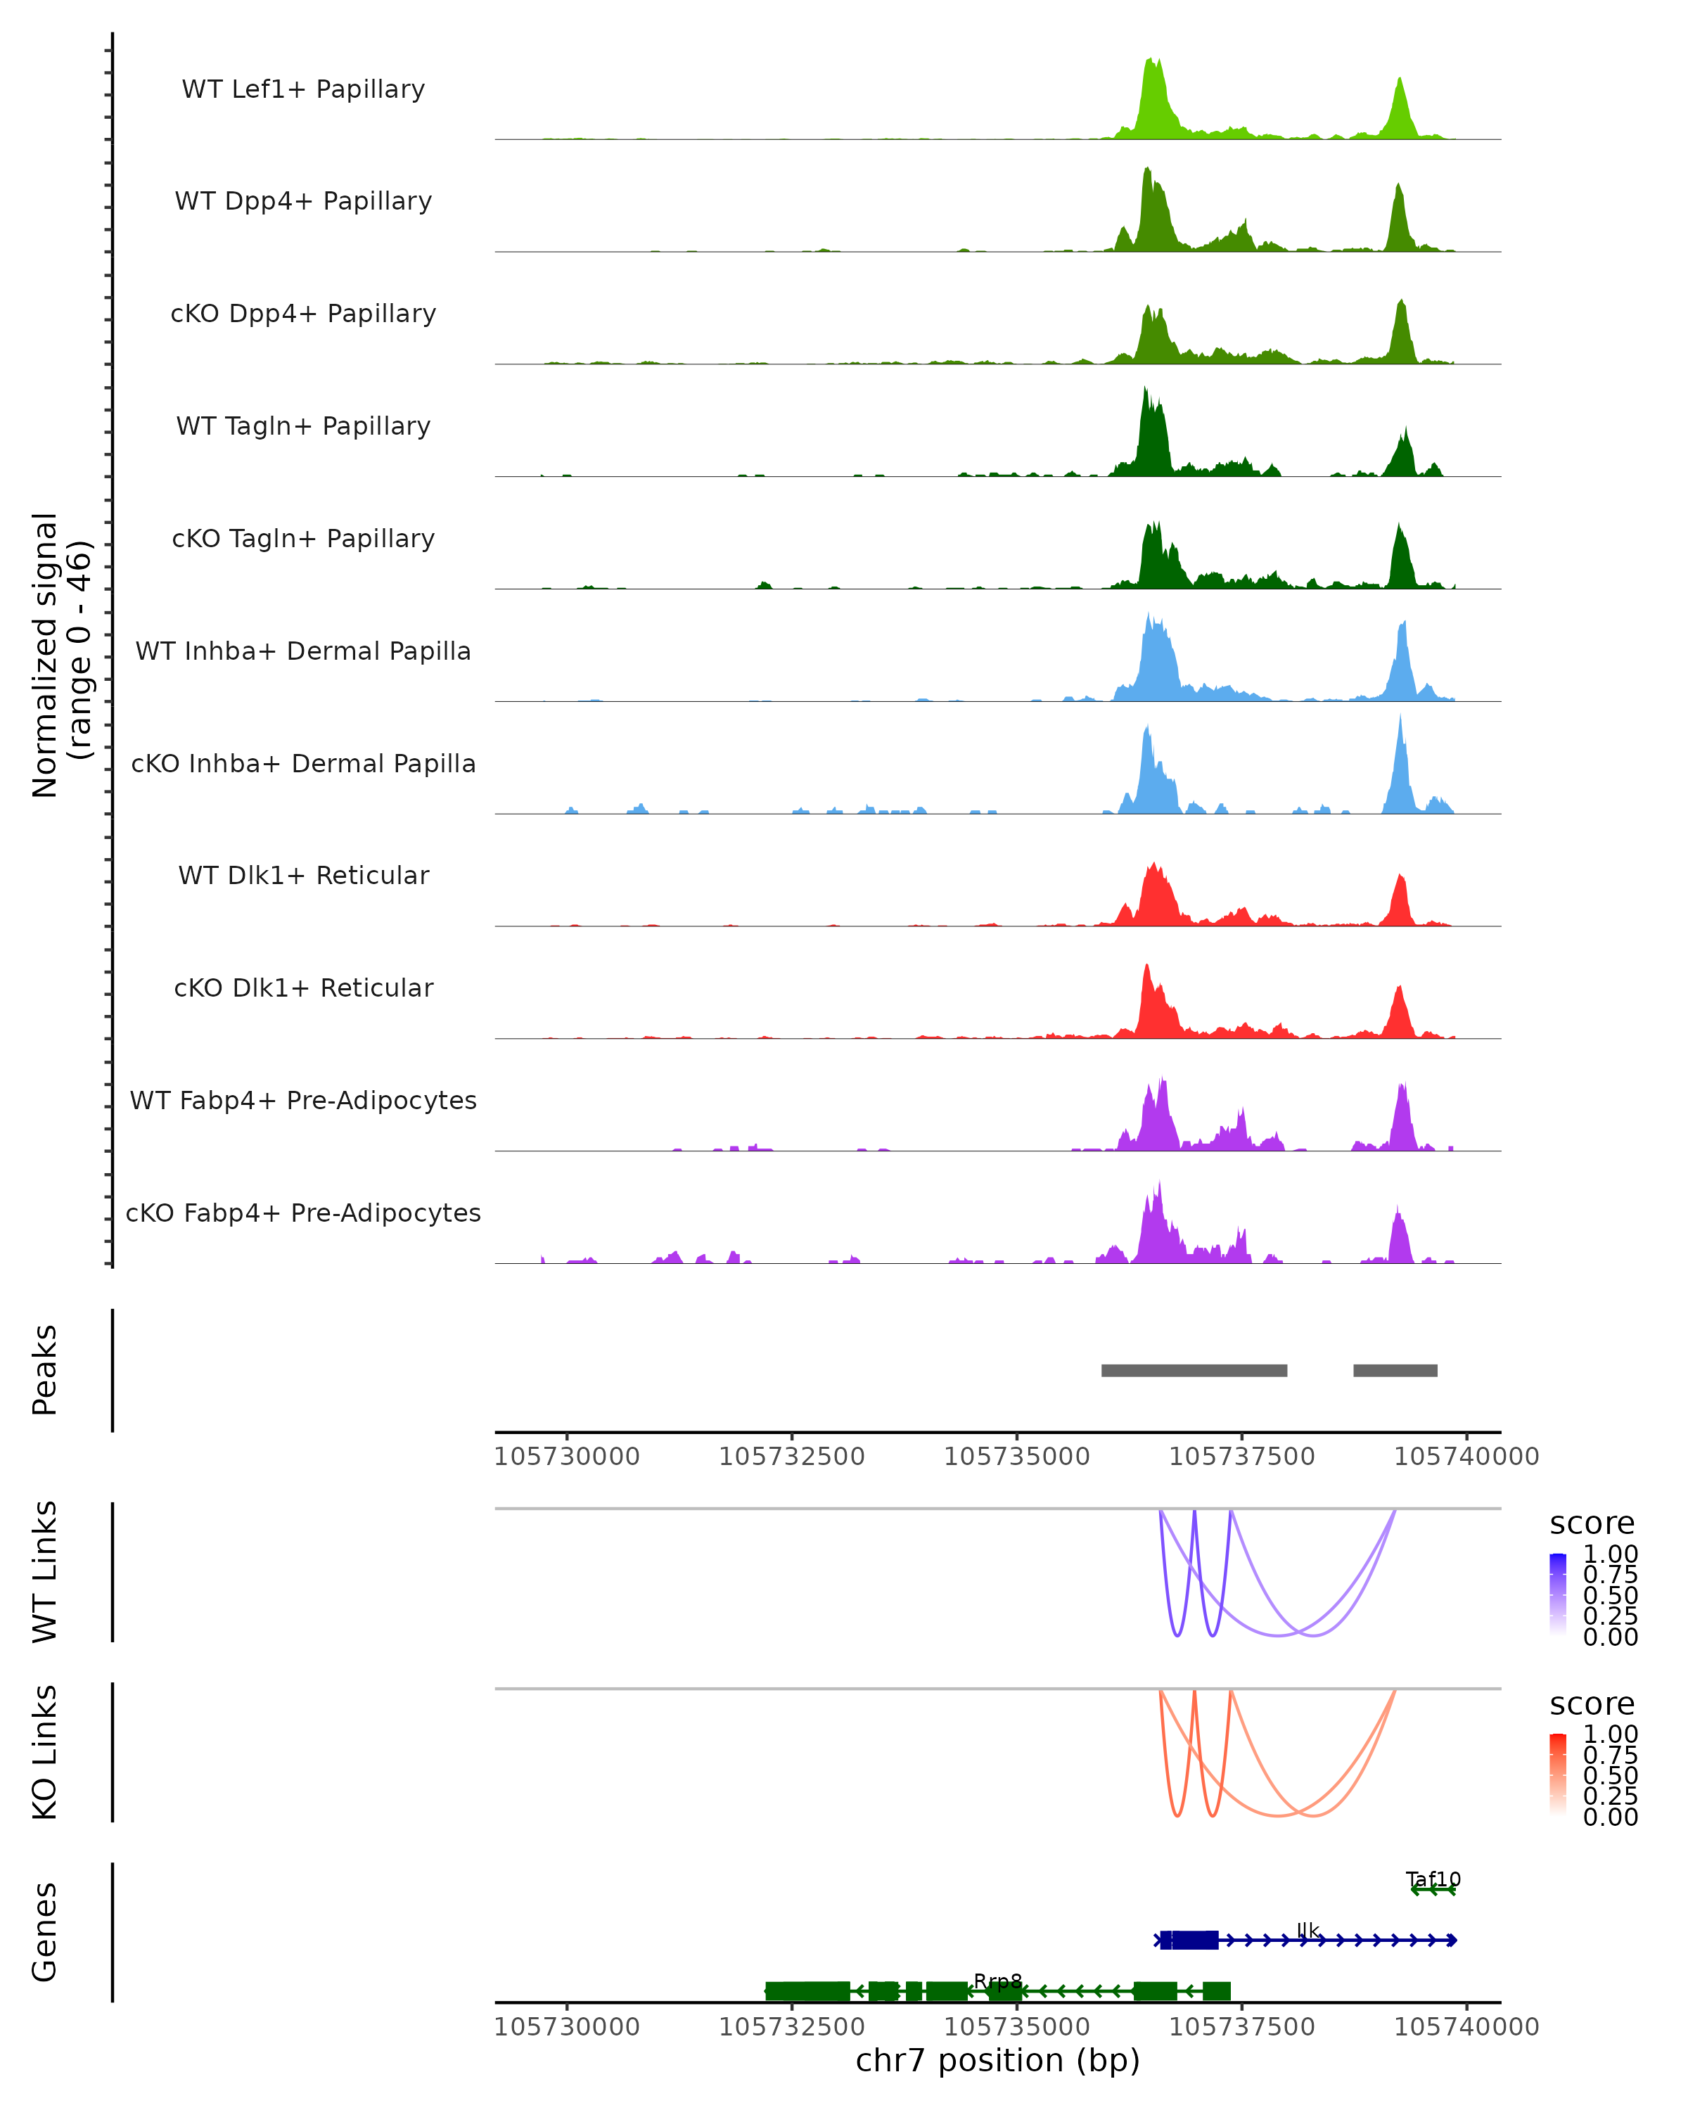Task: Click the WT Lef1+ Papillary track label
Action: [x=303, y=89]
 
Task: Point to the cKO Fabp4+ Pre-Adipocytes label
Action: [x=303, y=1213]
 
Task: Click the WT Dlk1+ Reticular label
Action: [x=303, y=875]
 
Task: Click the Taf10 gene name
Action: [x=1433, y=1879]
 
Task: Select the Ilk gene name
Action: [x=1307, y=1930]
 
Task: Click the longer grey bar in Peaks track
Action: [x=1194, y=1370]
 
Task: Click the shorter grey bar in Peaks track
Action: [x=1395, y=1370]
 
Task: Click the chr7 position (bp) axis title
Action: [x=997, y=2060]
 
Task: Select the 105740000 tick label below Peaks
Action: [x=1466, y=1457]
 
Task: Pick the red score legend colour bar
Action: [x=1558, y=1775]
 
